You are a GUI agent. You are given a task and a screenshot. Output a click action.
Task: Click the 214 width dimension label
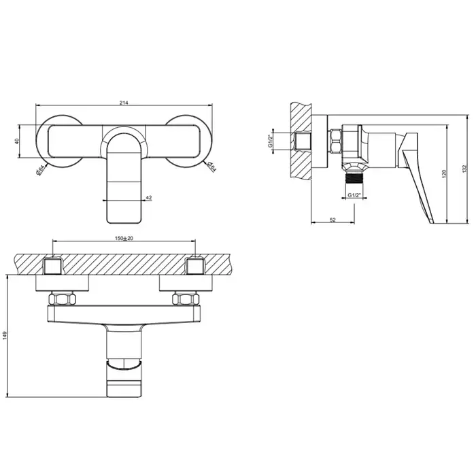point(124,103)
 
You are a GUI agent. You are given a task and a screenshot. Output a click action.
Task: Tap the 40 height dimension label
point(17,141)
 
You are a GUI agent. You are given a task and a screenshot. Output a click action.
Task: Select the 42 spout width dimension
point(149,198)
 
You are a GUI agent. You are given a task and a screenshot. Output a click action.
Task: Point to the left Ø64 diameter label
point(40,170)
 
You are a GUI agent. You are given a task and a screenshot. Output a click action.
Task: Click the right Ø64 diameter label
point(211,167)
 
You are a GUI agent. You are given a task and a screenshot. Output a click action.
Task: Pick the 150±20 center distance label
point(124,238)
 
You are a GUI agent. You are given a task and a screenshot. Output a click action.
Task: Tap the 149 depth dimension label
point(4,336)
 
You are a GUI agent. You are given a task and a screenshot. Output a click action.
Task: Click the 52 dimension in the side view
point(333,220)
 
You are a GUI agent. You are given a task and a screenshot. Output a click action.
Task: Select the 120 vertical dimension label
point(444,174)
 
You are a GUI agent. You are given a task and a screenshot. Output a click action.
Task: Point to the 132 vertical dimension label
point(464,169)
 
